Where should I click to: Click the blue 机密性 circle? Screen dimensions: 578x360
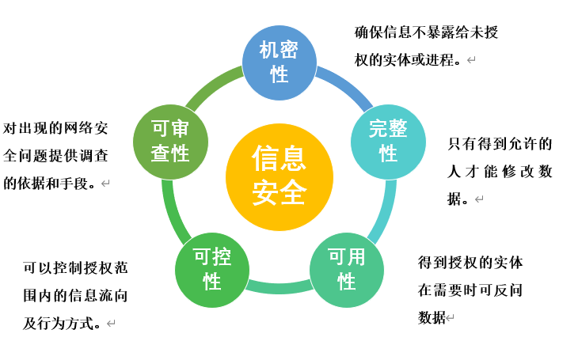click(x=279, y=63)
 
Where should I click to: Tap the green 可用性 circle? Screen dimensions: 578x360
click(x=346, y=269)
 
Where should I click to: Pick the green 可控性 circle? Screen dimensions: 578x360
click(x=211, y=269)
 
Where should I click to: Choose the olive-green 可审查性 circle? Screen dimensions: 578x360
click(x=170, y=142)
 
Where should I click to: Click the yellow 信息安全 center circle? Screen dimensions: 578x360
click(x=279, y=176)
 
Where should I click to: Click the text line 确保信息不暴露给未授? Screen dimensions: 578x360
click(x=426, y=32)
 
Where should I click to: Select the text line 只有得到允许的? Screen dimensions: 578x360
click(x=500, y=144)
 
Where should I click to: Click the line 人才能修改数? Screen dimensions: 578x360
click(x=500, y=172)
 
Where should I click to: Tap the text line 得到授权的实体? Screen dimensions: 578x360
click(x=470, y=262)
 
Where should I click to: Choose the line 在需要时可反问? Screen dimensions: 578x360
click(x=470, y=290)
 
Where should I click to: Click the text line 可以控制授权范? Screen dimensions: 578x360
click(x=75, y=268)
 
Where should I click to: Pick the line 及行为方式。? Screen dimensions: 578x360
click(x=63, y=323)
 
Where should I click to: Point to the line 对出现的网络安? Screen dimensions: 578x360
click(x=55, y=127)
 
